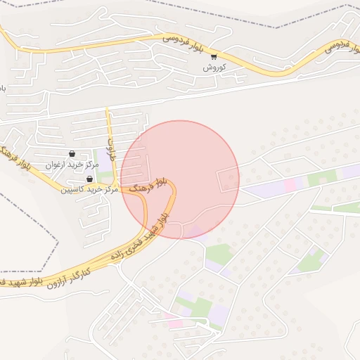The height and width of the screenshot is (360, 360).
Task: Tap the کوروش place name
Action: tap(213, 67)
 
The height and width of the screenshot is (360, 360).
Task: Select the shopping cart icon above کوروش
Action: tap(213, 56)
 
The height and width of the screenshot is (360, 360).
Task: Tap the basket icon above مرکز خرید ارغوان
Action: tap(72, 153)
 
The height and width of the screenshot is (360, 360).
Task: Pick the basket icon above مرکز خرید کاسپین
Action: tap(89, 179)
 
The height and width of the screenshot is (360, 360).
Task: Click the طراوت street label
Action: tap(110, 148)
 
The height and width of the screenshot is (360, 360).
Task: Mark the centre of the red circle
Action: tap(180, 179)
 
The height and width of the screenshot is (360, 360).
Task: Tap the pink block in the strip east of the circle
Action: tap(290, 184)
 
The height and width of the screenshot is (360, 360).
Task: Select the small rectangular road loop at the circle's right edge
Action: tap(229, 180)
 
